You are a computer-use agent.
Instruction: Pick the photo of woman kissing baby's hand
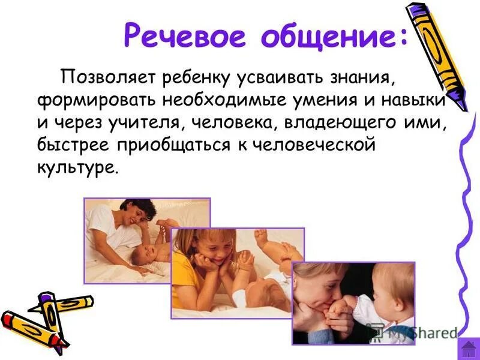coord(354,303)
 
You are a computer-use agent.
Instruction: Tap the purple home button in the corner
coord(468,349)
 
